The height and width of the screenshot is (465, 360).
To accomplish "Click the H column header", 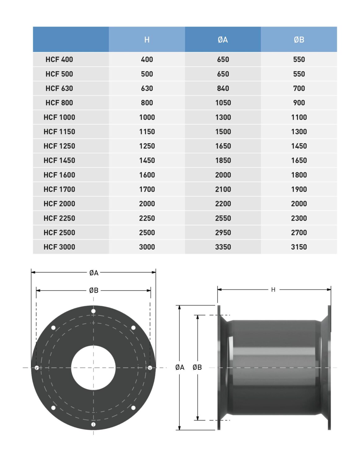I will [x=147, y=40].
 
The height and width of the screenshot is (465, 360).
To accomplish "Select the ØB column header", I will [x=299, y=40].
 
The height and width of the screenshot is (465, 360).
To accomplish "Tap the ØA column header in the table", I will [x=223, y=40].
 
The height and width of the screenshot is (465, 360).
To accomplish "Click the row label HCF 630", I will [x=59, y=88].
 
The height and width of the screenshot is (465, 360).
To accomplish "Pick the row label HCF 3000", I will [x=59, y=247].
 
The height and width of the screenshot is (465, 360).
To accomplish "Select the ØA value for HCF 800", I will [x=223, y=103].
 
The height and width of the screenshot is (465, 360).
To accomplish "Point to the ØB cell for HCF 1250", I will [x=299, y=146].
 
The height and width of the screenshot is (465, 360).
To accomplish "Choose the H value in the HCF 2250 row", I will [x=147, y=218].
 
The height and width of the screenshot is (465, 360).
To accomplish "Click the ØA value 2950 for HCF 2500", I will [x=223, y=232].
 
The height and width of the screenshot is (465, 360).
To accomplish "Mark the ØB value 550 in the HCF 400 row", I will [x=299, y=60].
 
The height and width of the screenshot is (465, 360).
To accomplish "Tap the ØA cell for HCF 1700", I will [x=223, y=189].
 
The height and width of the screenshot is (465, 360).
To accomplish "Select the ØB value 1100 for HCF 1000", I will [x=299, y=117].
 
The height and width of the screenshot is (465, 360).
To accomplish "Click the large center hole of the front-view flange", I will [x=93, y=368].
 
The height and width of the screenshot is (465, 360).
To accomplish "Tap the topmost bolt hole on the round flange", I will [x=93, y=311].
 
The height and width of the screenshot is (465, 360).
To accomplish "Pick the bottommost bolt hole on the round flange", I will [x=93, y=424].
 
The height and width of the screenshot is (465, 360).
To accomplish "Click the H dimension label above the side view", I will [x=273, y=290].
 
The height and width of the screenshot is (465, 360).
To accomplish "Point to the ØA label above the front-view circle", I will [x=94, y=273].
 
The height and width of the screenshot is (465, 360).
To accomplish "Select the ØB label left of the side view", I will [x=197, y=367].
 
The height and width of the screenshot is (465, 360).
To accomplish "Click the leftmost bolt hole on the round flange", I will [x=37, y=368].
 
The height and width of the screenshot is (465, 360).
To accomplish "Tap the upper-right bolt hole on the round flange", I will [x=133, y=328].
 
